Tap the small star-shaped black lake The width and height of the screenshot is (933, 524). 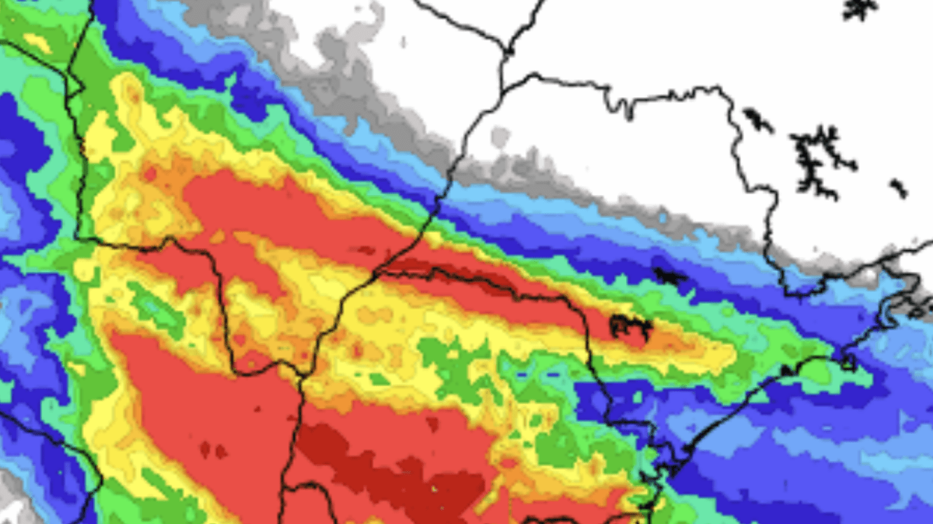tap(860, 8)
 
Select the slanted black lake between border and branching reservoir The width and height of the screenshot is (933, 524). tap(758, 120)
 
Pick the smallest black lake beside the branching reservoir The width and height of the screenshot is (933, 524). tap(898, 187)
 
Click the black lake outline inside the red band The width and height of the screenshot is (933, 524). tap(630, 326)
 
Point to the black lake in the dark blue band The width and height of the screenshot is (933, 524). tap(670, 276)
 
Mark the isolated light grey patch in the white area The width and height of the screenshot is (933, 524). tap(499, 137)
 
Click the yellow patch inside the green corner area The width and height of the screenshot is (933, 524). tap(36, 43)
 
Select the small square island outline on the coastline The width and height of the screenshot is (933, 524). tap(848, 362)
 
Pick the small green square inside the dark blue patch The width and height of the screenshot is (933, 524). tap(637, 397)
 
